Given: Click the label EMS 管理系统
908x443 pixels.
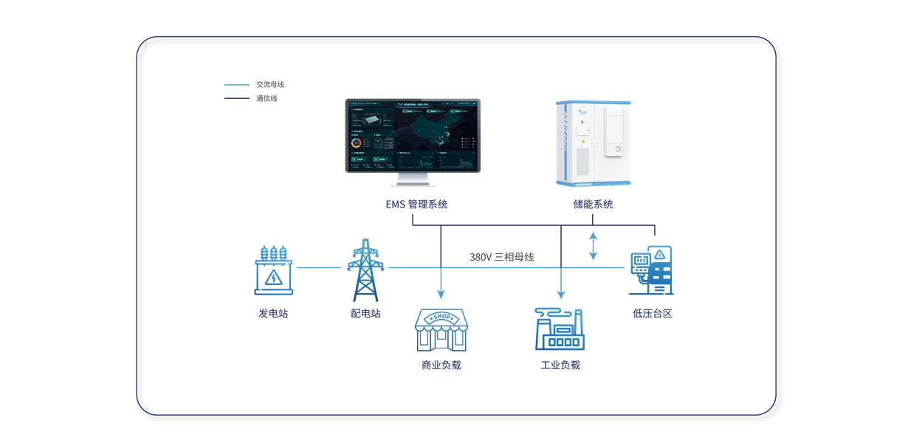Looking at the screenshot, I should coord(416,205).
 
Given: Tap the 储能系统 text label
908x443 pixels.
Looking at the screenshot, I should coord(593,205).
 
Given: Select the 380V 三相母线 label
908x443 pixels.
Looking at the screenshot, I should coord(501,257).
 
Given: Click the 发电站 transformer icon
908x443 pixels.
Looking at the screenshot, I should coord(274,269).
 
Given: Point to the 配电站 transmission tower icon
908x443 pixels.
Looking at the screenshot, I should coord(365,269).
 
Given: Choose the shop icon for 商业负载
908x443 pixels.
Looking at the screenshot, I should coord(441,329).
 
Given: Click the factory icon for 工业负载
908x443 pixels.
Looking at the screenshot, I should coord(560,329).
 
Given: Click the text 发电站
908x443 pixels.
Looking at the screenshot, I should coord(273,313).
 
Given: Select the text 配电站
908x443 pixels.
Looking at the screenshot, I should coord(365,313).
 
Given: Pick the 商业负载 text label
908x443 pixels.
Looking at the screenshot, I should coord(441,365).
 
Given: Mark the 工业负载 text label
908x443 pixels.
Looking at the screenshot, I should coord(560,365).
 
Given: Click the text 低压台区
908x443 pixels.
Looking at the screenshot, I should coord(653,313).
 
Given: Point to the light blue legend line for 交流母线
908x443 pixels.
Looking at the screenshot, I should coord(236,85).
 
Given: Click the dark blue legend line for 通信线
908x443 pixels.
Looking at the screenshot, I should coord(236,98).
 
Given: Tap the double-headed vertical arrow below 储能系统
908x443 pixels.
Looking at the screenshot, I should coord(593,246).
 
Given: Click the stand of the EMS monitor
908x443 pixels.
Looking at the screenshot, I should coord(413,180).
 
